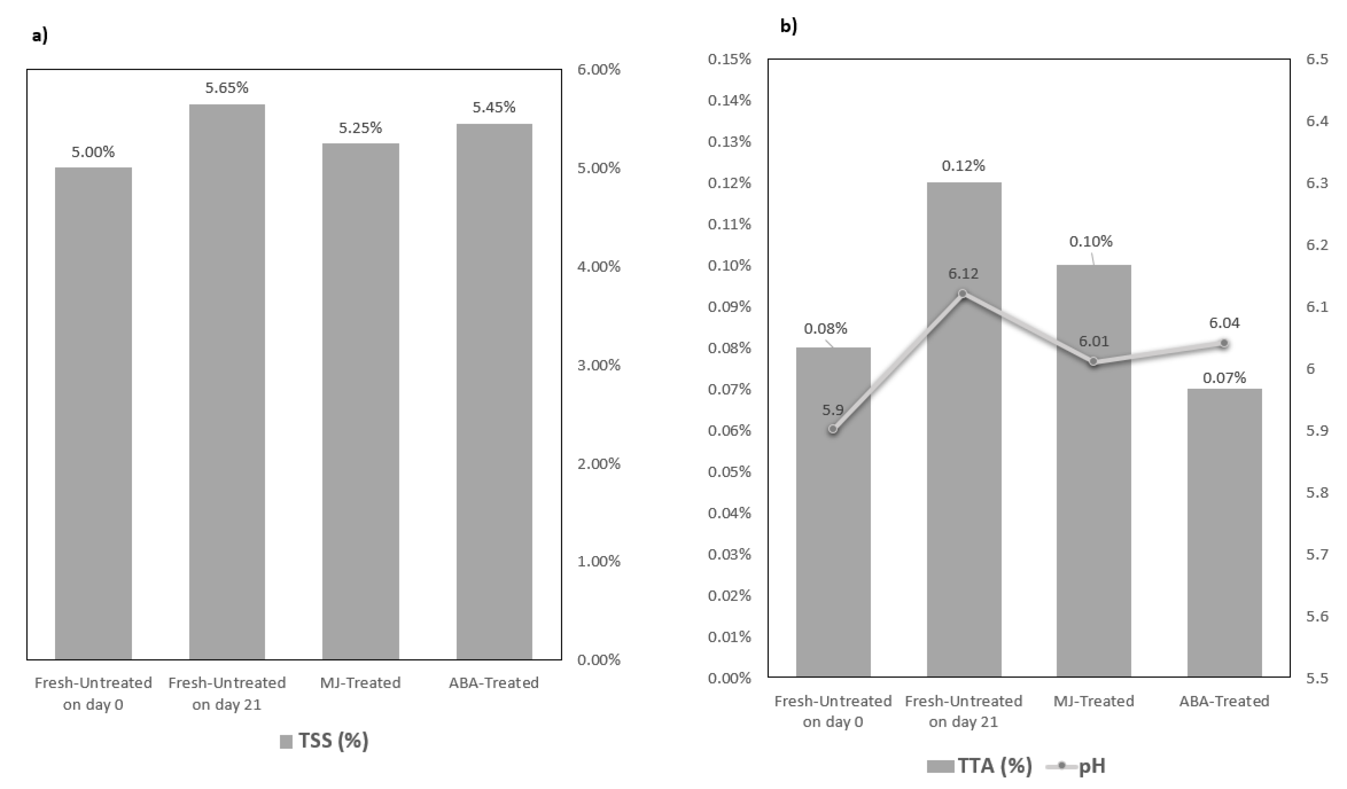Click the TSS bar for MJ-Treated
pos(360,401)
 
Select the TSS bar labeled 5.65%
pos(227,382)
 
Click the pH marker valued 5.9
pos(833,429)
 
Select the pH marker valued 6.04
pos(1224,343)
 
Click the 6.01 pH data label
pos(1093,341)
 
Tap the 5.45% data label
pos(494,107)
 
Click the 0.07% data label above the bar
pos(1224,378)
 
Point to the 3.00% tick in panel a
pos(599,365)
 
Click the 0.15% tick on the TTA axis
pos(729,59)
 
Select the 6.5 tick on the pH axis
pos(1316,59)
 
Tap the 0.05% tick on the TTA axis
pos(729,472)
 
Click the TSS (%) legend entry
pos(325,741)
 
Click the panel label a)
pos(39,36)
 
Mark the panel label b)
pos(789,26)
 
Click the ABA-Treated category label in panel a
pos(493,683)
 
